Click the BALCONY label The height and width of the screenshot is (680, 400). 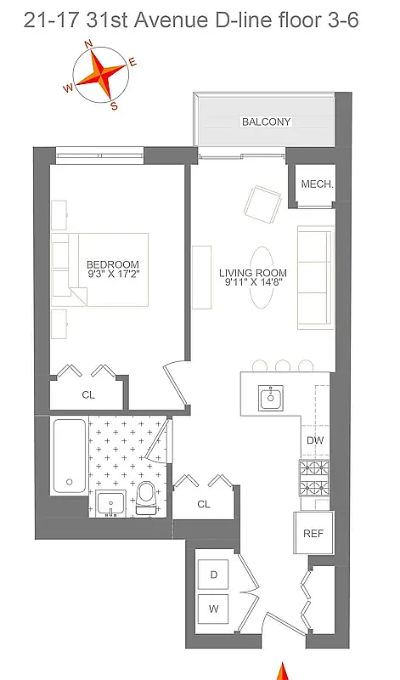tap(266, 122)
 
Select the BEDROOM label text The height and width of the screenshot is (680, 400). tap(112, 264)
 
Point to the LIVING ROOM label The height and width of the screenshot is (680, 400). tap(252, 273)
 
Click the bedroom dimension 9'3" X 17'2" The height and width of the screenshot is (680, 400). tap(112, 275)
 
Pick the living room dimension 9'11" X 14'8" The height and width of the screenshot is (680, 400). tap(252, 284)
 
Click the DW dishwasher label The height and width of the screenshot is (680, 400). tap(315, 440)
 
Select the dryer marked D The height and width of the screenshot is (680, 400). tap(214, 575)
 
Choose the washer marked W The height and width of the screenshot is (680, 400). tap(214, 609)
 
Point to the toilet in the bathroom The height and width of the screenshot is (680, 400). tap(148, 496)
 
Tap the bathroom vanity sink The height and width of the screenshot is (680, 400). tap(110, 503)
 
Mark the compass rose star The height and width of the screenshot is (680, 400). tap(101, 75)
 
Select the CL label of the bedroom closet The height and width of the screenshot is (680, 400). tap(87, 394)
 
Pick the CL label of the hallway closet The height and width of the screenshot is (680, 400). tap(204, 504)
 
